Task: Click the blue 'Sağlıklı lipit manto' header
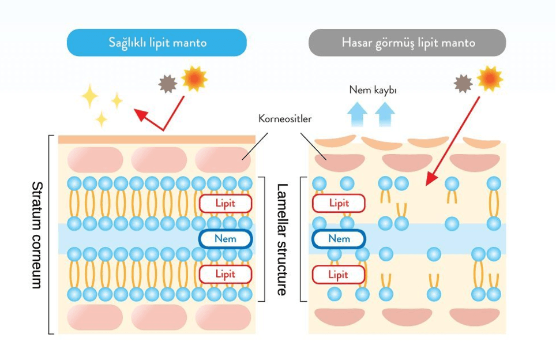(x=157, y=43)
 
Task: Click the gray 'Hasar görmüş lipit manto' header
(x=407, y=43)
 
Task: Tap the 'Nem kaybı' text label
(x=373, y=91)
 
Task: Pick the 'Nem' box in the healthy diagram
(x=226, y=238)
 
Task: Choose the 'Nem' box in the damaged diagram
(x=339, y=238)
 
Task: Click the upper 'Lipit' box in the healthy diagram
(x=226, y=203)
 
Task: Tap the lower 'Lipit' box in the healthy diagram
(x=226, y=274)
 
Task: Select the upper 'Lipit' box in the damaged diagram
(x=339, y=203)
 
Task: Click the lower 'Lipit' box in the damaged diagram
(x=339, y=275)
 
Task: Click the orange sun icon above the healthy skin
(x=194, y=78)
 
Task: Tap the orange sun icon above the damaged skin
(x=490, y=78)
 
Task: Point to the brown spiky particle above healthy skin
(x=168, y=84)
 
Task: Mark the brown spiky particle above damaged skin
(x=463, y=84)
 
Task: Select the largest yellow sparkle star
(x=90, y=96)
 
